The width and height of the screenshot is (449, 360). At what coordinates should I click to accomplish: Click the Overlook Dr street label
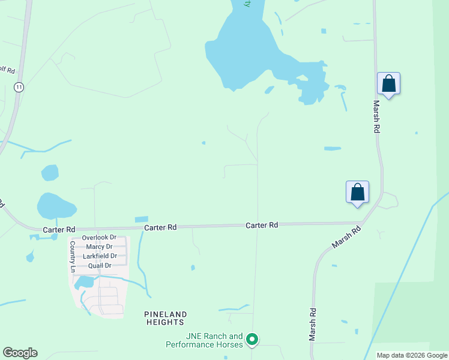pyautogui.click(x=99, y=238)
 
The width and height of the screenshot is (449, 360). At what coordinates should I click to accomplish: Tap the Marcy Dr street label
pyautogui.click(x=99, y=247)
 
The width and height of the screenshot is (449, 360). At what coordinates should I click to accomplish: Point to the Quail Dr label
pyautogui.click(x=99, y=266)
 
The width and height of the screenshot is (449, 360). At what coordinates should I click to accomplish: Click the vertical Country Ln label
pyautogui.click(x=72, y=257)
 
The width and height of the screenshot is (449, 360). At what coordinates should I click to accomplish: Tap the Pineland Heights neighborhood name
pyautogui.click(x=166, y=318)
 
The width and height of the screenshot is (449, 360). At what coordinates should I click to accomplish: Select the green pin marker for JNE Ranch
pyautogui.click(x=253, y=340)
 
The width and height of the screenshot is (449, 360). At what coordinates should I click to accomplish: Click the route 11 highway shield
pyautogui.click(x=20, y=87)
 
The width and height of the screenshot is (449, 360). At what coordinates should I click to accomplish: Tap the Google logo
pyautogui.click(x=20, y=352)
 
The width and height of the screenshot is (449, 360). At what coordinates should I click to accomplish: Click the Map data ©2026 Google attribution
pyautogui.click(x=411, y=355)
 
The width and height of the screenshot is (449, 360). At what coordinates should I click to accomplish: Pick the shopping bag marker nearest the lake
pyautogui.click(x=388, y=84)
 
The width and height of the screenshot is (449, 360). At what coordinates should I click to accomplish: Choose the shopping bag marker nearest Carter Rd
pyautogui.click(x=357, y=193)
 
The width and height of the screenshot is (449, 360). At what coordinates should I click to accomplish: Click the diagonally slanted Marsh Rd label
pyautogui.click(x=348, y=238)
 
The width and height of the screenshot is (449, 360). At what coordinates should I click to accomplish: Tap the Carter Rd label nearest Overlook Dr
pyautogui.click(x=59, y=230)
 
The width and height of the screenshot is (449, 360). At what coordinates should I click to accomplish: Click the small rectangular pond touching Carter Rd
pyautogui.click(x=142, y=219)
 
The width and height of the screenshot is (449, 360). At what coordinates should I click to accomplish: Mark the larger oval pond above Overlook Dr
pyautogui.click(x=56, y=206)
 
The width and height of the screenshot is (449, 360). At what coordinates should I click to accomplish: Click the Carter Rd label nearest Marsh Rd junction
pyautogui.click(x=262, y=225)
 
